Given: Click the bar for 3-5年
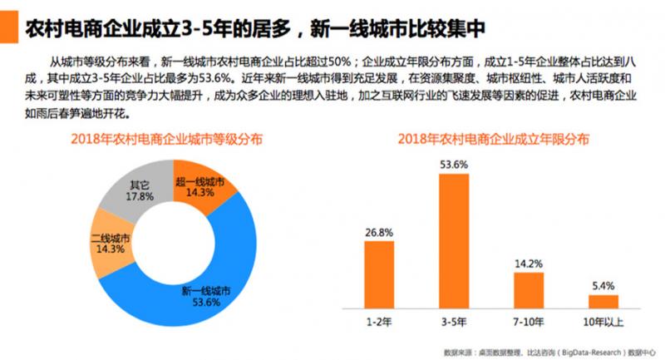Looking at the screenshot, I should coord(456,241).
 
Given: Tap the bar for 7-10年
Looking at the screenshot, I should coord(530,290).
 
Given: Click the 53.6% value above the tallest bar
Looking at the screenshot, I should coord(456,165).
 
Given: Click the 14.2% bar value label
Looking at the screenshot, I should coord(530,264).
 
